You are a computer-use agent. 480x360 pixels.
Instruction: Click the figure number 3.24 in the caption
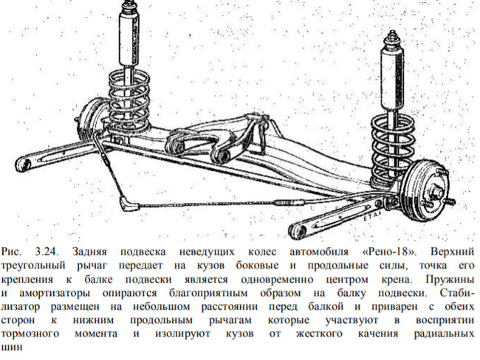[x=47, y=252]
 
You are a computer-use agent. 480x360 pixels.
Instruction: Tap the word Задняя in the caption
[x=89, y=252]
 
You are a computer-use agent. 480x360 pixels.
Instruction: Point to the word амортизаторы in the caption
[x=55, y=294]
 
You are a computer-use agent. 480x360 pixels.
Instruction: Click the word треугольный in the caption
[x=33, y=266]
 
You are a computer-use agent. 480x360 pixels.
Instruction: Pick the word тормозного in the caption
[x=30, y=333]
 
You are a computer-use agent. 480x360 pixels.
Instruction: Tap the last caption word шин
[x=12, y=347]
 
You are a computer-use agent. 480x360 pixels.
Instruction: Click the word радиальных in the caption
[x=444, y=333]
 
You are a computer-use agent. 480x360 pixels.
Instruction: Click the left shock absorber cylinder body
[x=129, y=38]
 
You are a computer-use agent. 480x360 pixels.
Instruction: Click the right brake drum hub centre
[x=436, y=193]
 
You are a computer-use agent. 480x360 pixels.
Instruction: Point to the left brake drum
[x=91, y=120]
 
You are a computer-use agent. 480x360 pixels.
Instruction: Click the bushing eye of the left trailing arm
[x=24, y=164]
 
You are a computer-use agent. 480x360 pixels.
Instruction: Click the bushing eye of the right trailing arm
[x=298, y=231]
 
